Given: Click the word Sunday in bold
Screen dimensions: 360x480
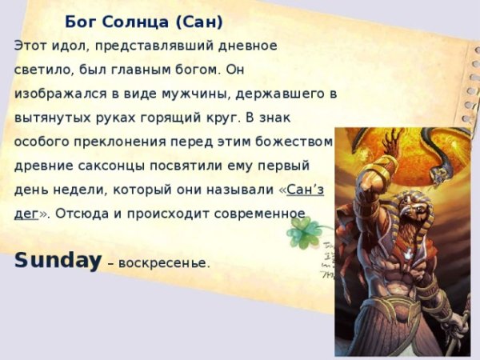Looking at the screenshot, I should click(x=58, y=260).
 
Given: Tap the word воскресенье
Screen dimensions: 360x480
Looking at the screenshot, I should click(x=164, y=263).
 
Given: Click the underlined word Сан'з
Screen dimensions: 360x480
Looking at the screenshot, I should click(x=304, y=190).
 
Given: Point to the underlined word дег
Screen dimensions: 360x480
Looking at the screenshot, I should click(x=26, y=214).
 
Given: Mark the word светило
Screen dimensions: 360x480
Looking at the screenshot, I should click(x=40, y=70).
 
